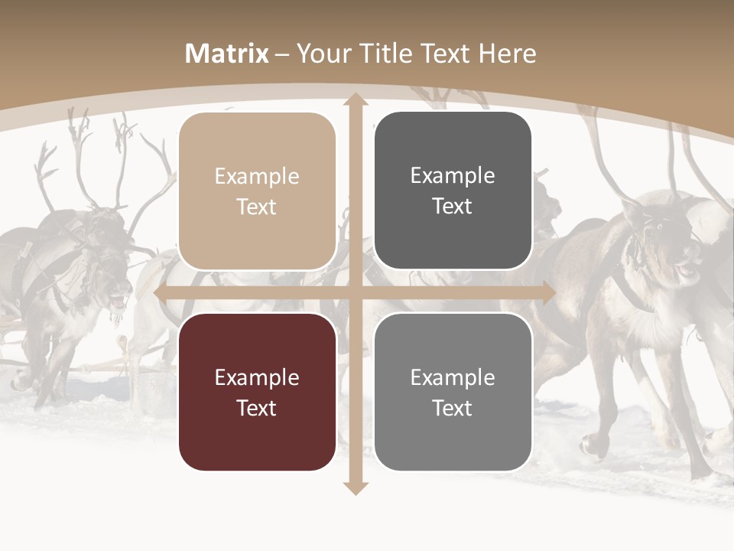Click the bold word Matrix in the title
click(227, 54)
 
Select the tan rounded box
click(257, 191)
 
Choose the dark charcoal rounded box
click(453, 191)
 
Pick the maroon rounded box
click(257, 392)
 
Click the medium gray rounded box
click(453, 392)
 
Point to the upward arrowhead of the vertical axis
click(355, 100)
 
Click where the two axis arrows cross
click(355, 293)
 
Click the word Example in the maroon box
click(257, 377)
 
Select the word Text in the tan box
click(257, 207)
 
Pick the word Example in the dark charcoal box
click(453, 175)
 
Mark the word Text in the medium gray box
click(453, 408)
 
